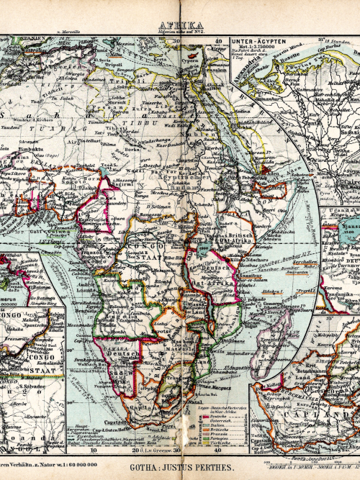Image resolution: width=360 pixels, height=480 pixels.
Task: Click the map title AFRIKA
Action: pyautogui.click(x=180, y=23)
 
